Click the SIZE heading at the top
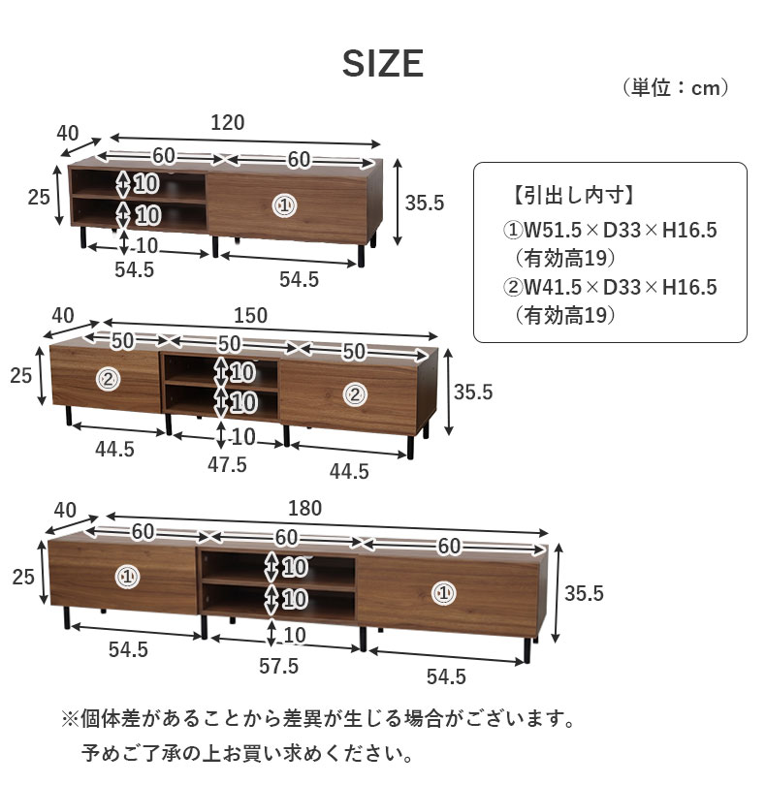coord(383,64)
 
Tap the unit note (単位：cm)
coord(675,87)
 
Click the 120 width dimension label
coord(228,123)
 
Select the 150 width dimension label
coord(250,316)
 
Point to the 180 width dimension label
coord(304,509)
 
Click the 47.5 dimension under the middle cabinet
coord(228,465)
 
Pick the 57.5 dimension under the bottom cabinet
coord(278,667)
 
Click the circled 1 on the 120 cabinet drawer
coord(284,205)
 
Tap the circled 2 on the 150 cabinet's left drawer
coord(109,380)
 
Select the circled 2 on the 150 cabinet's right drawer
coord(355,395)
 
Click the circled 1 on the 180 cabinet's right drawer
coord(443,594)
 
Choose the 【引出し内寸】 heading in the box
coord(574,195)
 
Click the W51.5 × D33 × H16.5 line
coord(610,231)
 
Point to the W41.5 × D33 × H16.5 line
coord(610,288)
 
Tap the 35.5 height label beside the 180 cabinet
coord(584,594)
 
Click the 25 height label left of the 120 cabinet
coord(39,198)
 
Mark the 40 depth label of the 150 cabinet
coord(63,316)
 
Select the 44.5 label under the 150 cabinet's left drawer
coord(114,450)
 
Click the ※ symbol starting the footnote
coord(70,720)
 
